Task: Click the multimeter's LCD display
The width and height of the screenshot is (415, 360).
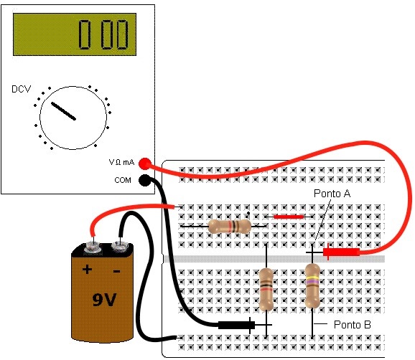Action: [75, 34]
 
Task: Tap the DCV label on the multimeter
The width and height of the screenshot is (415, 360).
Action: [21, 89]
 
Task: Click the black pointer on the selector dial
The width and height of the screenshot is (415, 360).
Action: [63, 111]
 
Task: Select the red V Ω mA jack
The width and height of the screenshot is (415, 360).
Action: [144, 164]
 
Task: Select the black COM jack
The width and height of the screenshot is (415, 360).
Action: [144, 180]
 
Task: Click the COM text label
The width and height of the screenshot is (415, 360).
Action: [123, 180]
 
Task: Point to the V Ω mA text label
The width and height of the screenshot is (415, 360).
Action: [121, 162]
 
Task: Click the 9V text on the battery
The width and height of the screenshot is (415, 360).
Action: [104, 300]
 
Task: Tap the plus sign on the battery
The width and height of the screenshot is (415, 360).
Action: [87, 270]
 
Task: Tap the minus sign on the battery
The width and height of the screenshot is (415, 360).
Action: [116, 271]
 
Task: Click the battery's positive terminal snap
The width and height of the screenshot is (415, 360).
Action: [93, 248]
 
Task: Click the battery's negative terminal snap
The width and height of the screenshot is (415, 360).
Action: [120, 247]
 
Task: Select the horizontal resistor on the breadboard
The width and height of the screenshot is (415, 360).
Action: [230, 227]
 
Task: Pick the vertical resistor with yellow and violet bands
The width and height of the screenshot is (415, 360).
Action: [312, 286]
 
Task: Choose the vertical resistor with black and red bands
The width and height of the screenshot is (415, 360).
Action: [266, 289]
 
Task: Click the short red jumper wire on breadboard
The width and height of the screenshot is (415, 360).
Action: [289, 217]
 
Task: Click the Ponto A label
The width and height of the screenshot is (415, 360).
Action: [332, 194]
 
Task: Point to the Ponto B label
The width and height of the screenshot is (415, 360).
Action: [353, 325]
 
